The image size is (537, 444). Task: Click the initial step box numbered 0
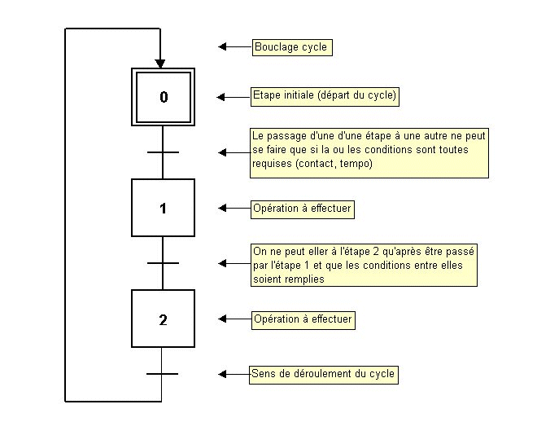163,97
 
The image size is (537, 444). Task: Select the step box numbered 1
163,209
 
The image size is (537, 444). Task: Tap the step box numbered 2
163,319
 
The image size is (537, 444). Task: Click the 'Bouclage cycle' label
290,47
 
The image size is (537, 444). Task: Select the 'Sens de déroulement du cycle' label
324,374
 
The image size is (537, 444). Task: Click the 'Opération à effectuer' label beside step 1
302,209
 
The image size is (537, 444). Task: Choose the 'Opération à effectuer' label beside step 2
303,319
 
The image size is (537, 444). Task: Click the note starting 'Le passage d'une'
369,152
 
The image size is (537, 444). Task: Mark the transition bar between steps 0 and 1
163,152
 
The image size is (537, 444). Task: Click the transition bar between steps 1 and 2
163,263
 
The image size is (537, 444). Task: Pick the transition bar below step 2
163,374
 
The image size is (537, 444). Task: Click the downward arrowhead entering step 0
161,62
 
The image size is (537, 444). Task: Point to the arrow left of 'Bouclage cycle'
234,47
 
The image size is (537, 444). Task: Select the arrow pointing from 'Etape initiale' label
233,97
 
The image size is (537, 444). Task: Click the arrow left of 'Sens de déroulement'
234,374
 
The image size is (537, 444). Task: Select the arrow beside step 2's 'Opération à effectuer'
235,319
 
